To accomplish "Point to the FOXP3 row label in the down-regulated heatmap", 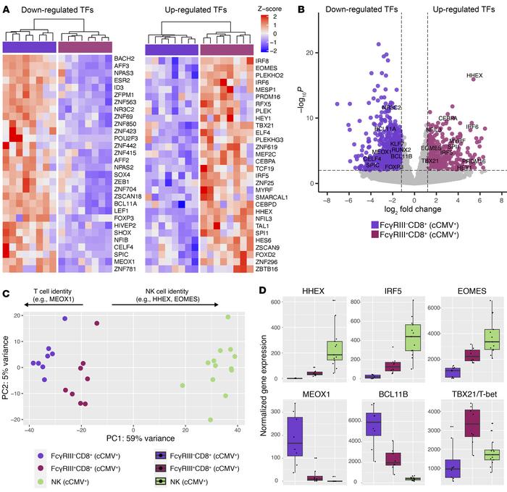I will tap(123, 213).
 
